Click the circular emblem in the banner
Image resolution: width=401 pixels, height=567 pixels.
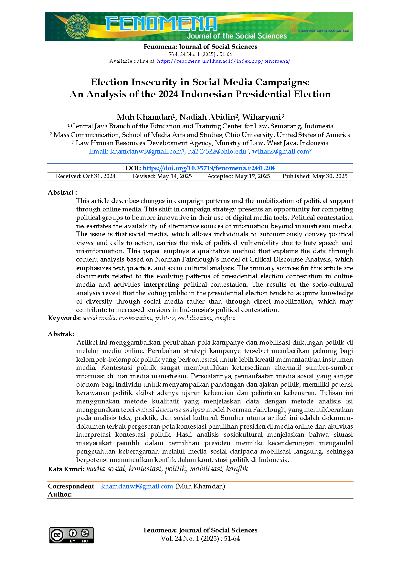click(78, 27)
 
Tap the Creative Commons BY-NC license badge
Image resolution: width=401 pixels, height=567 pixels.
click(71, 535)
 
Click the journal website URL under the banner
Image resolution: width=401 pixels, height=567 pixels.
click(224, 61)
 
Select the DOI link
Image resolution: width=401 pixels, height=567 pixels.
click(209, 168)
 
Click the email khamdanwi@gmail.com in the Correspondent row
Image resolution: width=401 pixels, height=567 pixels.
click(137, 486)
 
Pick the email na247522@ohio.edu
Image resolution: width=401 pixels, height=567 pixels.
click(217, 151)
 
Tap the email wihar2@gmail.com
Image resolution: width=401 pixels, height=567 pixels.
click(280, 151)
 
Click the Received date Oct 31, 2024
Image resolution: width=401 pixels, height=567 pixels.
click(86, 176)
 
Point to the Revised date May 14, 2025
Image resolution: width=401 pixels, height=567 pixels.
click(162, 176)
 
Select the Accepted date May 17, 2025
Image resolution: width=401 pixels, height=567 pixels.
click(238, 176)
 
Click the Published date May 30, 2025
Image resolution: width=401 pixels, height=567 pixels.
click(315, 176)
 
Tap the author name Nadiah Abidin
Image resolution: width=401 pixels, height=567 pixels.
click(207, 117)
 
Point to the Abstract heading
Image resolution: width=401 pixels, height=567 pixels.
click(62, 192)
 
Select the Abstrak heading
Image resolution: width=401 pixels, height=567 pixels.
click(61, 334)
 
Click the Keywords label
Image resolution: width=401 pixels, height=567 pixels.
click(64, 318)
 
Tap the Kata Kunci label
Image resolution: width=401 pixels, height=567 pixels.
click(66, 469)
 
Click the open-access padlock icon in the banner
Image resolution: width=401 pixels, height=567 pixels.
click(293, 29)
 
